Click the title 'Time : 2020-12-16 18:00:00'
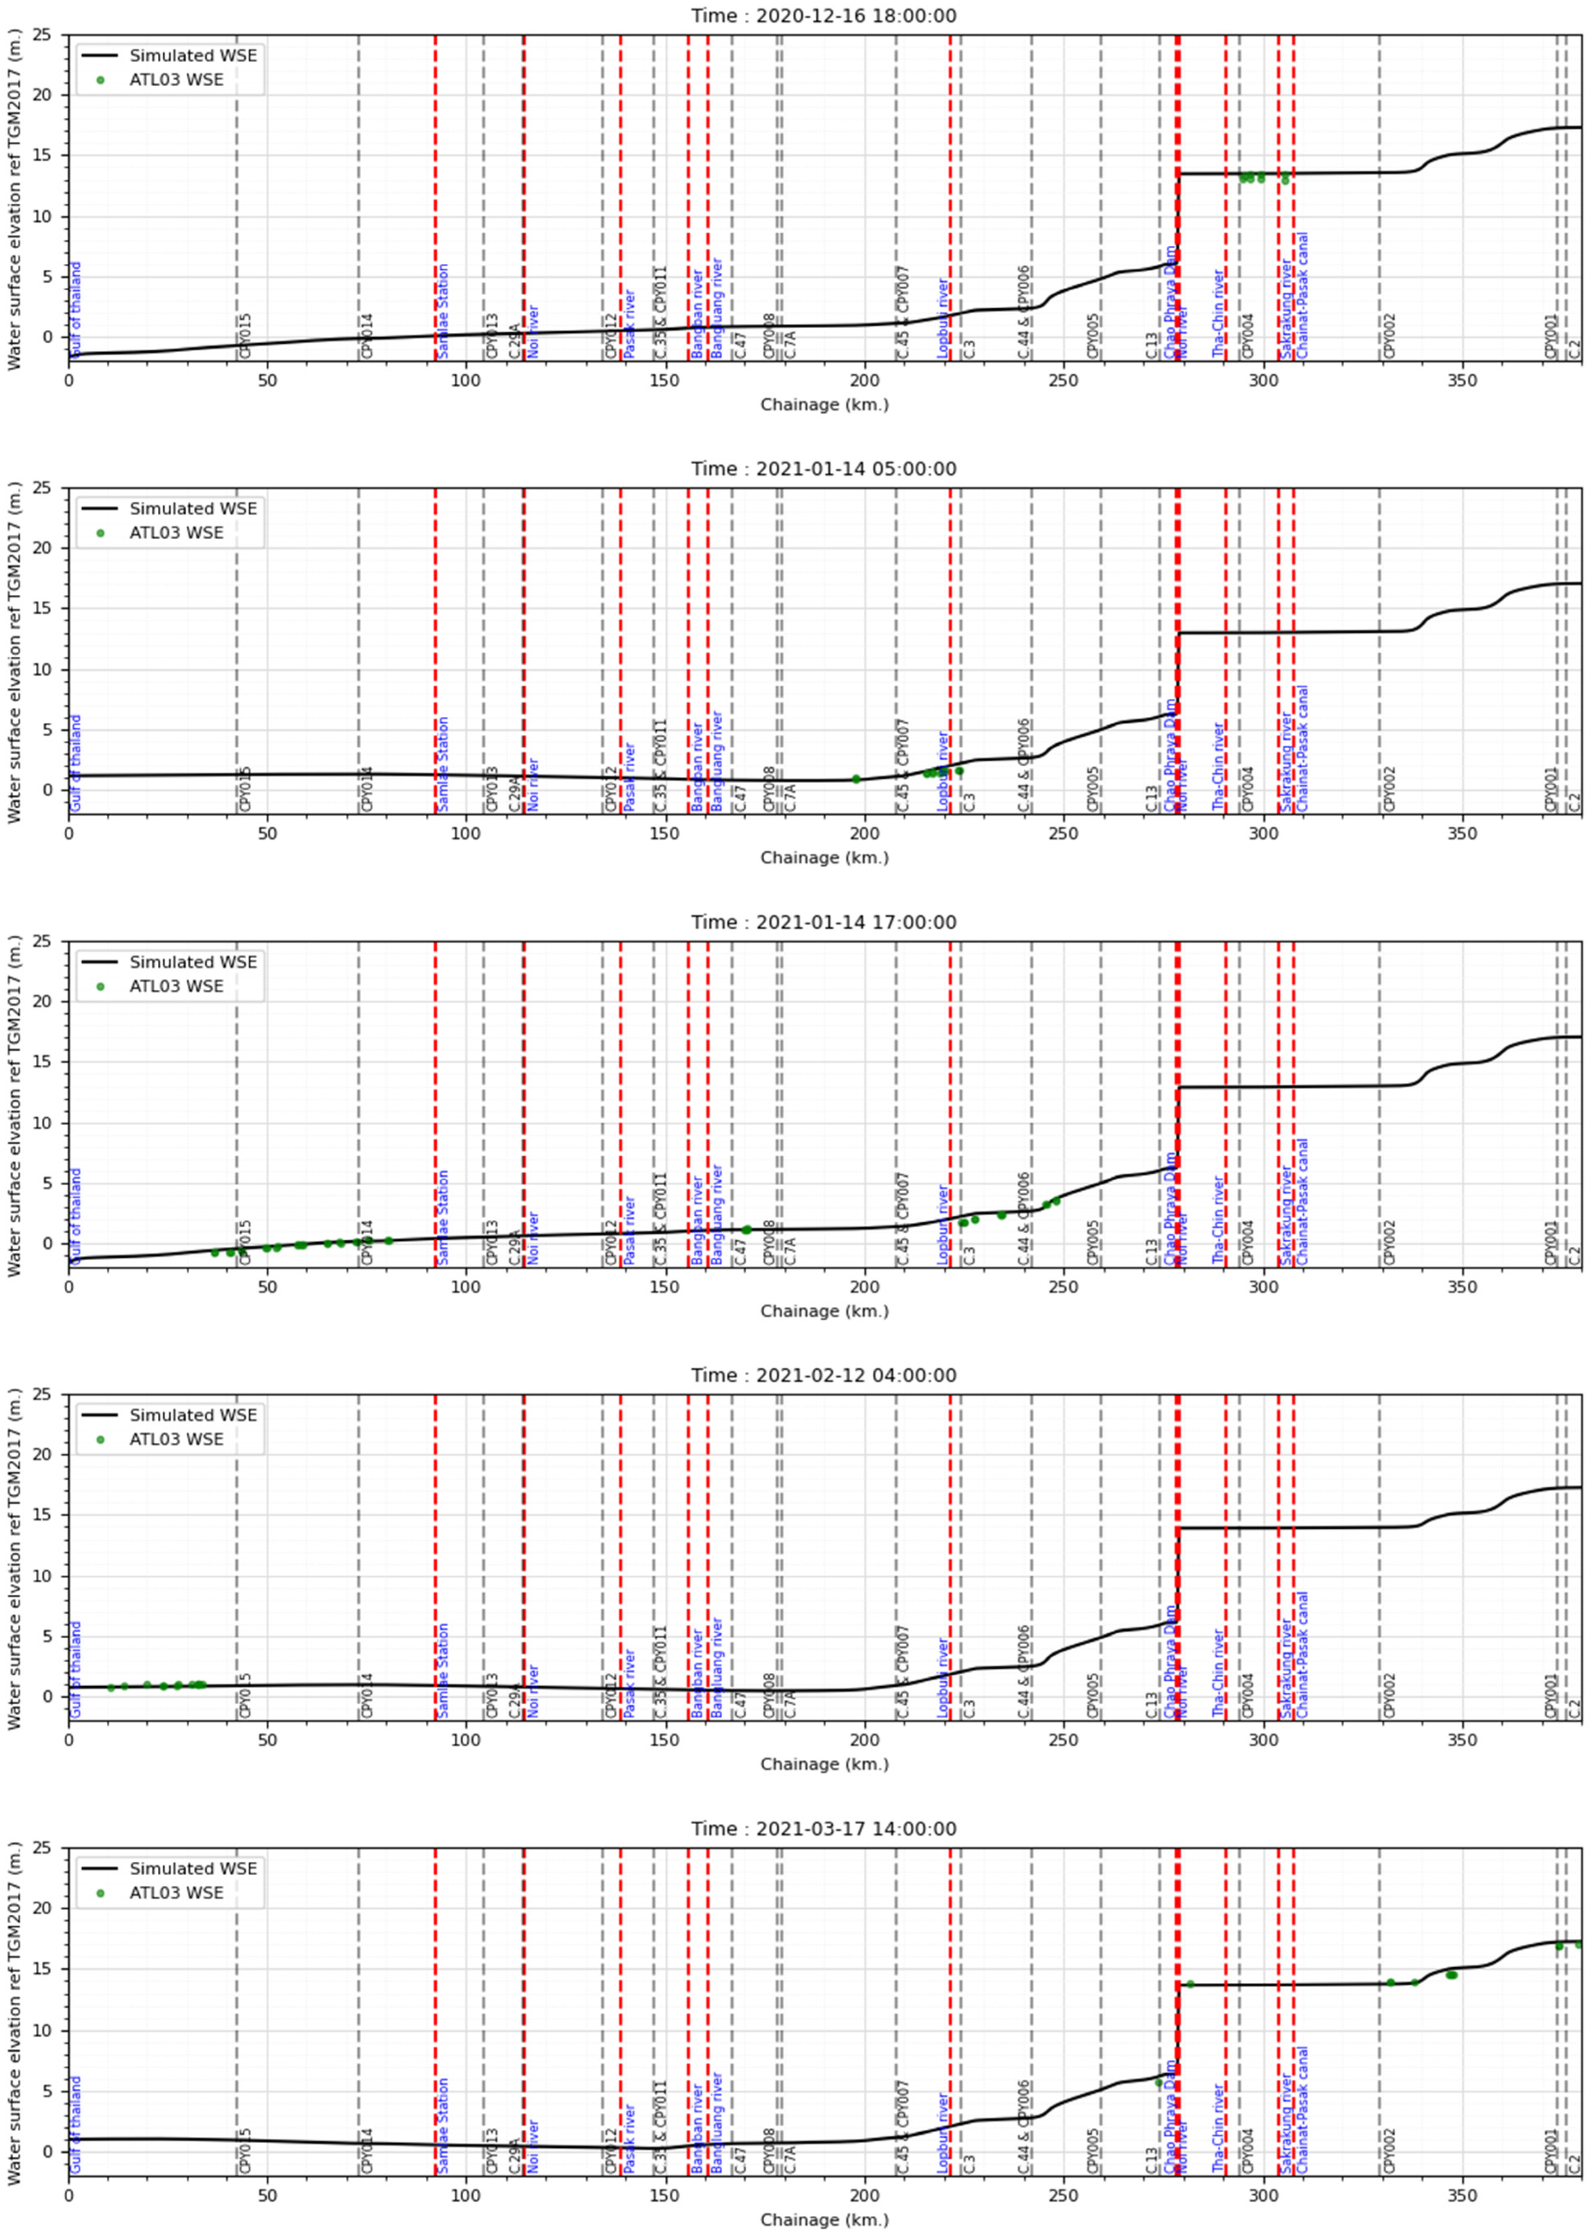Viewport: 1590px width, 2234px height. (x=824, y=16)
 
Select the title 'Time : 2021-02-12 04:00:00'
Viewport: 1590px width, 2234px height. (x=824, y=1375)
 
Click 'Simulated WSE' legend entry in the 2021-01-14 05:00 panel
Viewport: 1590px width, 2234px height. (x=193, y=509)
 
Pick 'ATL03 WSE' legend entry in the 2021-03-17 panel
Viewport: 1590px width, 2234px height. (x=176, y=1892)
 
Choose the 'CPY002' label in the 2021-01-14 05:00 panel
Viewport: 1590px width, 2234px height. (x=1389, y=788)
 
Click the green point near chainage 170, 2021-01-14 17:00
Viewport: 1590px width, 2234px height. (x=746, y=1230)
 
